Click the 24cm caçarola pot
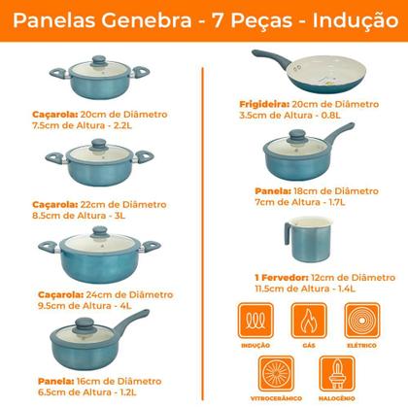coord(96,257)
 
